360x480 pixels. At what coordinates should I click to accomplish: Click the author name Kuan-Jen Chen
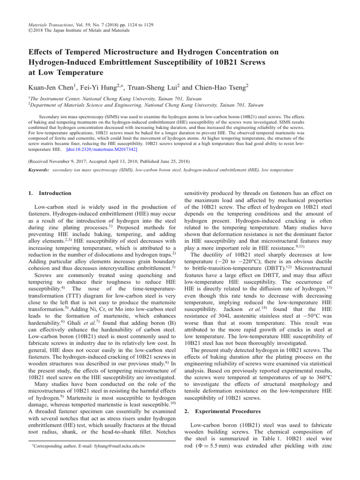click(x=51, y=87)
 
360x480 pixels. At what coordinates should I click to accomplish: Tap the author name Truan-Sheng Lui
click(x=152, y=87)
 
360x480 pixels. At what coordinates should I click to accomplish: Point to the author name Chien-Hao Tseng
click(x=220, y=87)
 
